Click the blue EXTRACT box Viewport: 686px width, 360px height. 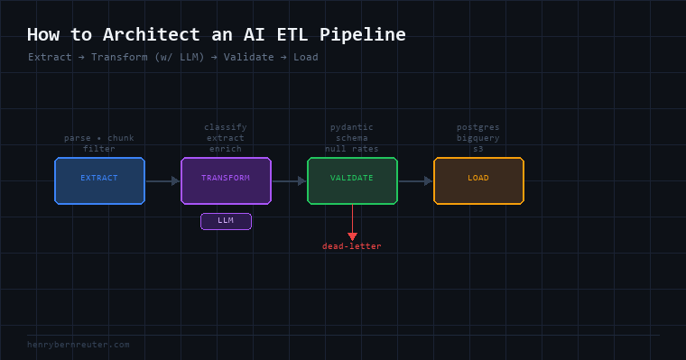coord(100,180)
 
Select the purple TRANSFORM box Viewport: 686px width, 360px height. coord(227,180)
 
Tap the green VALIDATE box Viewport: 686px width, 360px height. coord(353,180)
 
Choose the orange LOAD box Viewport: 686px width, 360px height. coord(479,180)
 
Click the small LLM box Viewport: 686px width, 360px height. coord(226,221)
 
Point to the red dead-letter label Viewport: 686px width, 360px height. coord(352,246)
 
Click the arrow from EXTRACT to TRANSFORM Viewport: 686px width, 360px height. coord(162,180)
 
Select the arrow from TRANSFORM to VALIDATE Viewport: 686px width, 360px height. coord(289,180)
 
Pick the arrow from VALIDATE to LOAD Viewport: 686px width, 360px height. coord(415,180)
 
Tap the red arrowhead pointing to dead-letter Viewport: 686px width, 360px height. coord(353,236)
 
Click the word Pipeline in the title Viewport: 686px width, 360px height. coord(363,34)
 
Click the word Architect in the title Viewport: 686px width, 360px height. coord(152,34)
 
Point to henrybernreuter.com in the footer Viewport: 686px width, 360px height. coord(79,345)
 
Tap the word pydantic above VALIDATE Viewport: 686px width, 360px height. coord(352,127)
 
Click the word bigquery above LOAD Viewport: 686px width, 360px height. coord(478,138)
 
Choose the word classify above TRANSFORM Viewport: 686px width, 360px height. coord(226,127)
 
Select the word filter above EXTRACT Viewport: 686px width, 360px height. coord(99,149)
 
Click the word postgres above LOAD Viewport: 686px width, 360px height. coord(478,127)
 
